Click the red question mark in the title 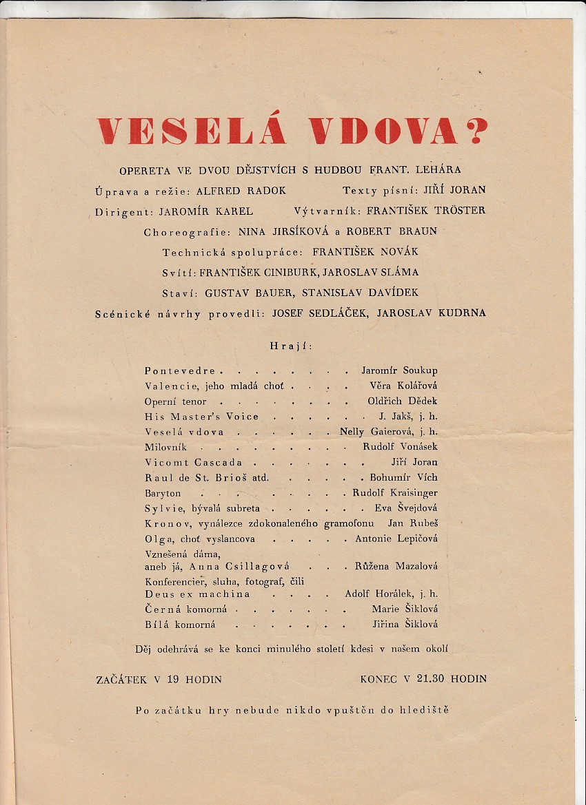click(x=474, y=131)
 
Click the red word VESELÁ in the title click(x=191, y=131)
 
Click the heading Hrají click(x=292, y=346)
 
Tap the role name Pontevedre click(x=180, y=370)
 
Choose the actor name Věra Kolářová click(x=403, y=386)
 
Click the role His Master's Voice click(x=201, y=417)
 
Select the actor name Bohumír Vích click(x=403, y=477)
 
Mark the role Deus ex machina click(x=197, y=594)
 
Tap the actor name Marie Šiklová click(x=405, y=609)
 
